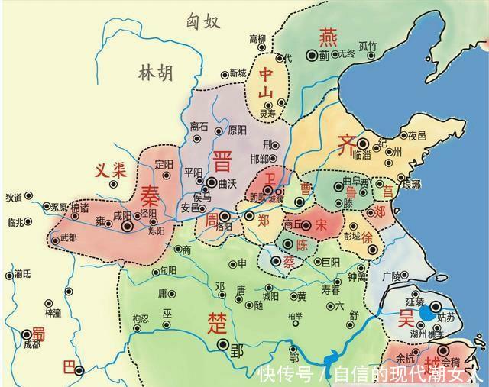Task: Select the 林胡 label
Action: click(x=156, y=73)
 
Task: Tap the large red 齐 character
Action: click(x=345, y=142)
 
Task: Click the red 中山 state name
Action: click(x=265, y=84)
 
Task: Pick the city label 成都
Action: click(x=31, y=345)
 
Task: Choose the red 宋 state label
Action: click(x=321, y=224)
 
